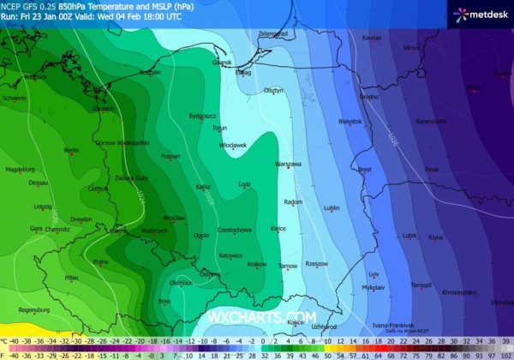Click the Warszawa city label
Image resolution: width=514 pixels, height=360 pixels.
pos(289,163)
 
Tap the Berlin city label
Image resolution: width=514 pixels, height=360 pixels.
pos(71,150)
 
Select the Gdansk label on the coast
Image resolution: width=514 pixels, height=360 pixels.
pos(222,63)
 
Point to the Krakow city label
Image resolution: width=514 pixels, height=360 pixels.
pos(257,264)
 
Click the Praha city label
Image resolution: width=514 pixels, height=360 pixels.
pos(100,261)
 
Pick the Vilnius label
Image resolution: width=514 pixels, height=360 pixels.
pos(411,47)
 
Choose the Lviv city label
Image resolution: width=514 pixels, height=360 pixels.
pos(374,274)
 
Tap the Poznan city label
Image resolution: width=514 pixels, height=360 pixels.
pos(170,157)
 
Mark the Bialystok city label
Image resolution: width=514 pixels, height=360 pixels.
pos(351,122)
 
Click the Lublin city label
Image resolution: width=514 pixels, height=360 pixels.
pos(333,207)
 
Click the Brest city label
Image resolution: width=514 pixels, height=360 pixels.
pos(365,170)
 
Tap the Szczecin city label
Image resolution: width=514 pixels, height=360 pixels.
pos(104,109)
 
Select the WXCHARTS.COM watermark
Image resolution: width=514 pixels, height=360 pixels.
pos(256,317)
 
